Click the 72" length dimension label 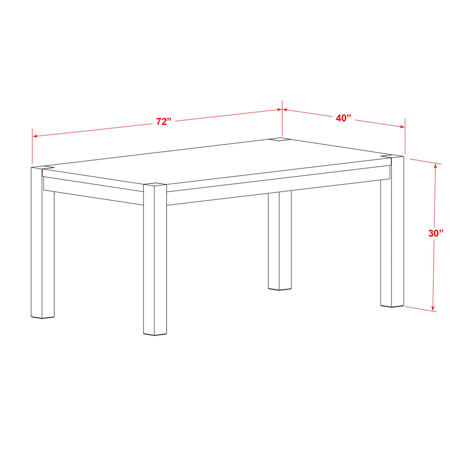coord(164,121)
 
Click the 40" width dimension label coord(343,118)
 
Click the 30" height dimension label coord(436,233)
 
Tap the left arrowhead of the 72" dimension coord(35,136)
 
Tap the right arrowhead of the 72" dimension coord(279,110)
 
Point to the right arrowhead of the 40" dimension coord(403,127)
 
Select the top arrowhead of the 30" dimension coord(435,166)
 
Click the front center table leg coord(155,259)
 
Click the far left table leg coord(42,242)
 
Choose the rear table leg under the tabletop coord(280,240)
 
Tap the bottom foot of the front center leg coord(155,334)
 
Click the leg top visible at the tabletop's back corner coord(280,140)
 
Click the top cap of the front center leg coord(155,184)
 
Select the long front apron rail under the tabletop coord(279,186)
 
